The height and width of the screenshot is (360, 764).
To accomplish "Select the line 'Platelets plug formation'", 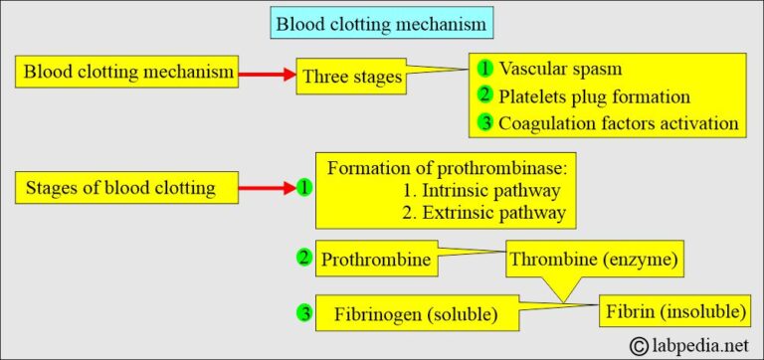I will (x=596, y=97).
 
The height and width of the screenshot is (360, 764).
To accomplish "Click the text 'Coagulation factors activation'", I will (x=618, y=123).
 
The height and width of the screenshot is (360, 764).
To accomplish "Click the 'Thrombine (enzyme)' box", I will (x=595, y=261).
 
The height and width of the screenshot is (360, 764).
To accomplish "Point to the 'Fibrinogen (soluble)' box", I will (x=407, y=314).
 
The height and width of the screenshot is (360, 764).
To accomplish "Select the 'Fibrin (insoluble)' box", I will (x=673, y=311).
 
